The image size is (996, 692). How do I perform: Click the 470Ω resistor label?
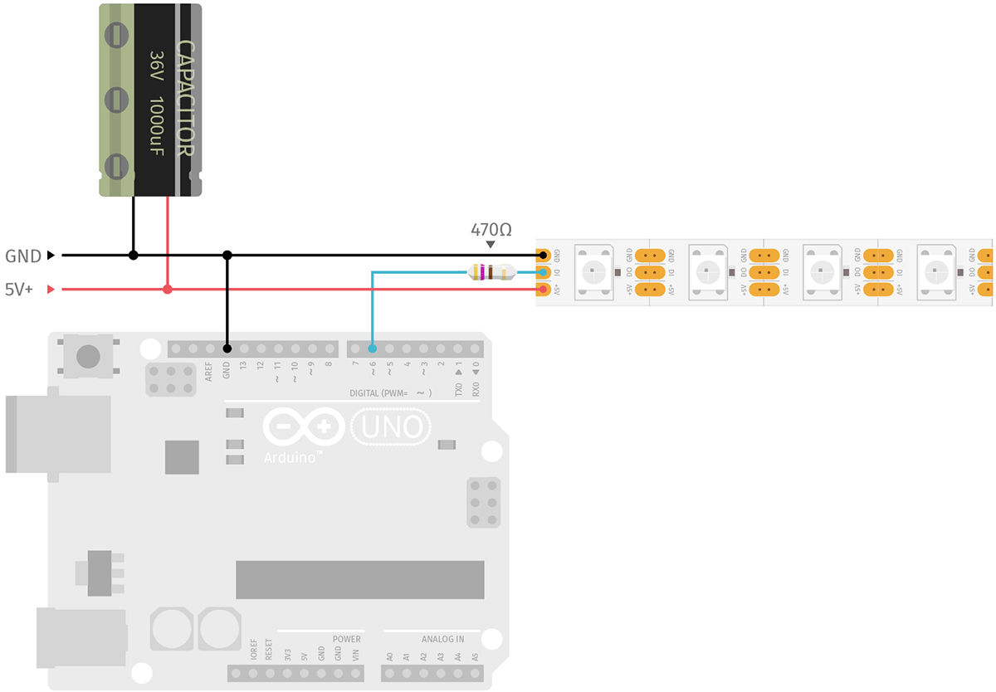click(x=491, y=229)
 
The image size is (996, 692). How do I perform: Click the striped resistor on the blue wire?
click(x=491, y=272)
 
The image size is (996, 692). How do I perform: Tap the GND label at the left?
click(x=23, y=256)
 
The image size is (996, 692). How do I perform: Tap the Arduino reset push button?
click(x=88, y=357)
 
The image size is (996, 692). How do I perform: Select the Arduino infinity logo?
click(x=303, y=427)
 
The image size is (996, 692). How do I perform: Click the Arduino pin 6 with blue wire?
click(x=373, y=348)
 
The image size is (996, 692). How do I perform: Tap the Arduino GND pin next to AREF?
click(x=227, y=348)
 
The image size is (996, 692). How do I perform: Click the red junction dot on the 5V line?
click(x=168, y=290)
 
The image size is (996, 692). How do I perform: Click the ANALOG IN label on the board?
click(x=442, y=639)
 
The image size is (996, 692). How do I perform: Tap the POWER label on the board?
click(x=346, y=639)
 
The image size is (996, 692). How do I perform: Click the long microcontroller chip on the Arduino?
click(x=359, y=579)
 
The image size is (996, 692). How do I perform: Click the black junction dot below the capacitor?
click(x=134, y=256)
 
